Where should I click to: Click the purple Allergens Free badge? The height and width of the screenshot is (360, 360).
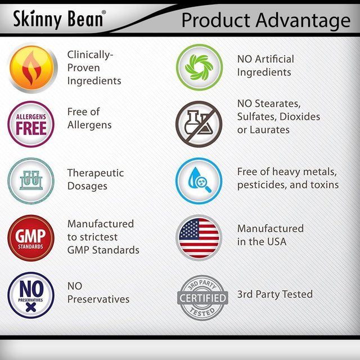[31, 124]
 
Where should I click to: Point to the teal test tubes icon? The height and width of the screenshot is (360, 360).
[31, 181]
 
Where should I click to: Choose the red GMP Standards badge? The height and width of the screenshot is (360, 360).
[31, 238]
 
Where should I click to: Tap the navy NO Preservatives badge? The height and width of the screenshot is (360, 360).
[31, 295]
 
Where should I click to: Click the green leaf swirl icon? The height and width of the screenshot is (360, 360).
[199, 67]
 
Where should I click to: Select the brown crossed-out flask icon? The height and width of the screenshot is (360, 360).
[199, 124]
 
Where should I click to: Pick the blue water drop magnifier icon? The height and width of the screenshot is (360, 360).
[199, 181]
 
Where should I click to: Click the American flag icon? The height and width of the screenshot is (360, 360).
[199, 237]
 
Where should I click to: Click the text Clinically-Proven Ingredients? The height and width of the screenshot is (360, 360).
[94, 68]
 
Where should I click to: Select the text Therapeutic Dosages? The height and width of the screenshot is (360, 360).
[96, 179]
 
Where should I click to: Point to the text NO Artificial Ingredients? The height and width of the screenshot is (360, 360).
[265, 65]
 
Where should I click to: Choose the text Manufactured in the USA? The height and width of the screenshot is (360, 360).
[270, 235]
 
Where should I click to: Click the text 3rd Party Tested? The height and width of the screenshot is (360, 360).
[274, 294]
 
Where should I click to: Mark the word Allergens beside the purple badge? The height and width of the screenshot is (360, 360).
[89, 124]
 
